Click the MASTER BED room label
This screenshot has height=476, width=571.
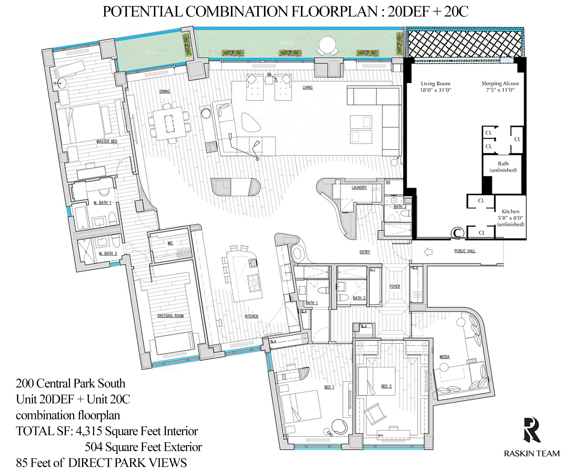(x=107, y=141)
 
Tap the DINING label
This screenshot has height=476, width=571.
(x=165, y=91)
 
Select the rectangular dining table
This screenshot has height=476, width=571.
(x=169, y=123)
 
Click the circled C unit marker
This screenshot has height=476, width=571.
(x=457, y=233)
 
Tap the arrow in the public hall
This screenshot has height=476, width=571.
(x=428, y=252)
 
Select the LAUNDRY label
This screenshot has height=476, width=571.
(x=359, y=188)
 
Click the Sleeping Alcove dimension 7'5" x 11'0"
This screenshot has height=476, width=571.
(x=500, y=90)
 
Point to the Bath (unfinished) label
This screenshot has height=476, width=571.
(x=503, y=167)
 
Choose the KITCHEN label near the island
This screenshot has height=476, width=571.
(x=251, y=316)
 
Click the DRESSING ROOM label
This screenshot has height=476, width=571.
(x=170, y=316)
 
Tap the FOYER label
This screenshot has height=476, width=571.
(x=395, y=286)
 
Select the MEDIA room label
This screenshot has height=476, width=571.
(x=444, y=357)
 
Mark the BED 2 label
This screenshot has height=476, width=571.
(x=386, y=386)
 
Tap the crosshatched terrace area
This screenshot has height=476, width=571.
(x=464, y=43)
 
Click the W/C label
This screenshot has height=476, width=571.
(x=170, y=243)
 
